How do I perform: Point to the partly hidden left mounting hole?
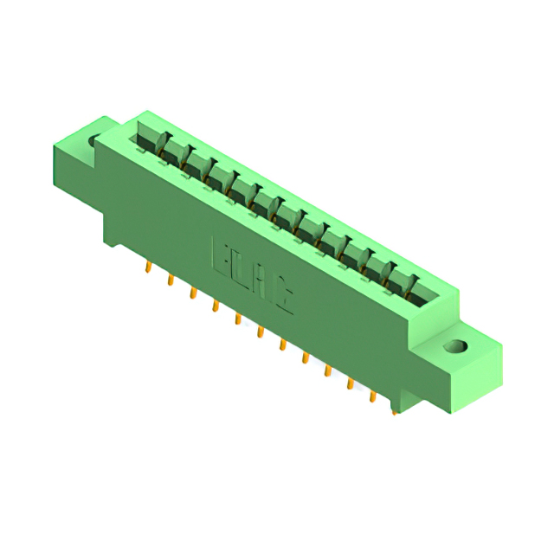(93, 140)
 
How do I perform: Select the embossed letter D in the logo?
(241, 267)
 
